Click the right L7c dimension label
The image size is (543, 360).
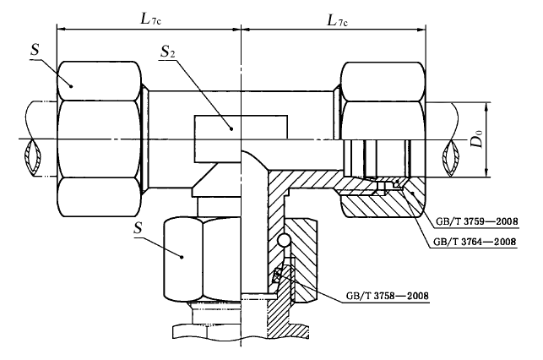pyautogui.click(x=337, y=20)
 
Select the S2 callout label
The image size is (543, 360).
pyautogui.click(x=167, y=52)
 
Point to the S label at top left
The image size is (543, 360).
pyautogui.click(x=35, y=50)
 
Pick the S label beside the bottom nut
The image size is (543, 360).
pyautogui.click(x=138, y=228)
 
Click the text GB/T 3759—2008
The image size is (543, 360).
pyautogui.click(x=476, y=221)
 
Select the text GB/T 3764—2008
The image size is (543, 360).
pyautogui.click(x=475, y=242)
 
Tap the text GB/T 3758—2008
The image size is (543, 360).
pyautogui.click(x=387, y=296)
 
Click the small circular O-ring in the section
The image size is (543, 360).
pyautogui.click(x=285, y=240)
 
